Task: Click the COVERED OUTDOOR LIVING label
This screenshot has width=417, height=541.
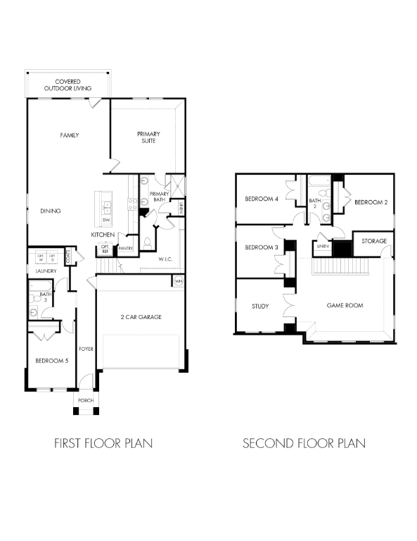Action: pyautogui.click(x=68, y=85)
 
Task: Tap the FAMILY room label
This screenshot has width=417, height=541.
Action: pyautogui.click(x=69, y=135)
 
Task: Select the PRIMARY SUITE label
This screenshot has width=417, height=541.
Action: pyautogui.click(x=148, y=137)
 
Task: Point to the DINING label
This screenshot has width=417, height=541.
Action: pyautogui.click(x=50, y=211)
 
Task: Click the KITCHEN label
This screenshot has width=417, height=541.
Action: pyautogui.click(x=103, y=235)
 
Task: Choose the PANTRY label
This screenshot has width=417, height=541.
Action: pyautogui.click(x=126, y=249)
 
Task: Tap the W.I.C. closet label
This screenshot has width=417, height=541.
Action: pyautogui.click(x=165, y=259)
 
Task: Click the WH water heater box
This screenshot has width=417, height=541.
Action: pyautogui.click(x=178, y=282)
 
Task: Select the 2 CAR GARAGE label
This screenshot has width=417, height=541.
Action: pyautogui.click(x=140, y=318)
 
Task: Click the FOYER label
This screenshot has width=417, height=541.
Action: pyautogui.click(x=86, y=349)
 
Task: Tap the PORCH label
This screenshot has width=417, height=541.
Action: pyautogui.click(x=86, y=400)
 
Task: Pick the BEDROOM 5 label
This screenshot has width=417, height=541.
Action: pyautogui.click(x=51, y=362)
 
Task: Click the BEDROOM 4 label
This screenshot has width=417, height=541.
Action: pyautogui.click(x=262, y=199)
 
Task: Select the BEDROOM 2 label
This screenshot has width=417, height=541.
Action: pyautogui.click(x=371, y=202)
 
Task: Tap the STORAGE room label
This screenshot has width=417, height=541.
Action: pyautogui.click(x=374, y=241)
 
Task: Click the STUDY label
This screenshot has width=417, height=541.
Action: pyautogui.click(x=261, y=306)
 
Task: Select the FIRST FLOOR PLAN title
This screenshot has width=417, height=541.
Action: pyautogui.click(x=103, y=444)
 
